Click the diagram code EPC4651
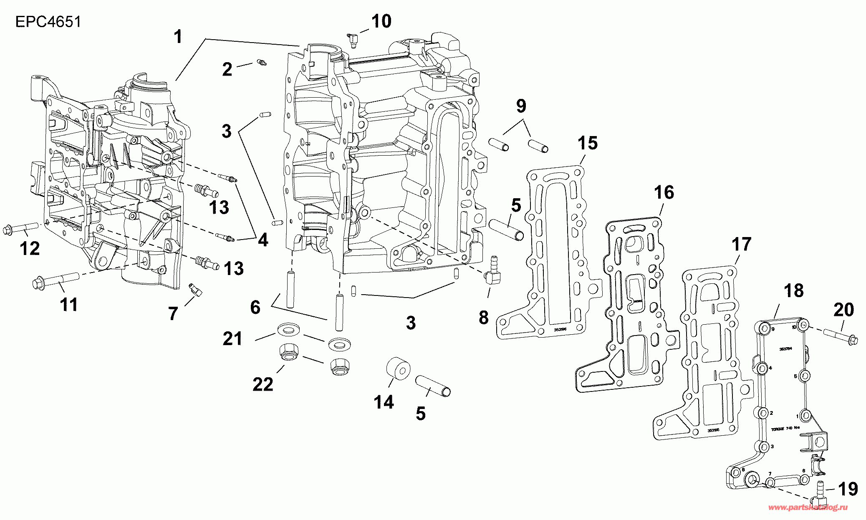click(48, 22)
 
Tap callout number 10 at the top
click(381, 21)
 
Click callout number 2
click(227, 69)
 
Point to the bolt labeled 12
click(21, 229)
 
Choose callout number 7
click(173, 313)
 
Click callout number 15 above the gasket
click(588, 143)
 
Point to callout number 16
click(664, 192)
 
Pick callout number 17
click(741, 245)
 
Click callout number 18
click(793, 290)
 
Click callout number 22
click(263, 384)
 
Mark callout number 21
click(232, 338)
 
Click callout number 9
click(521, 106)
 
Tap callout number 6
click(255, 308)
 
